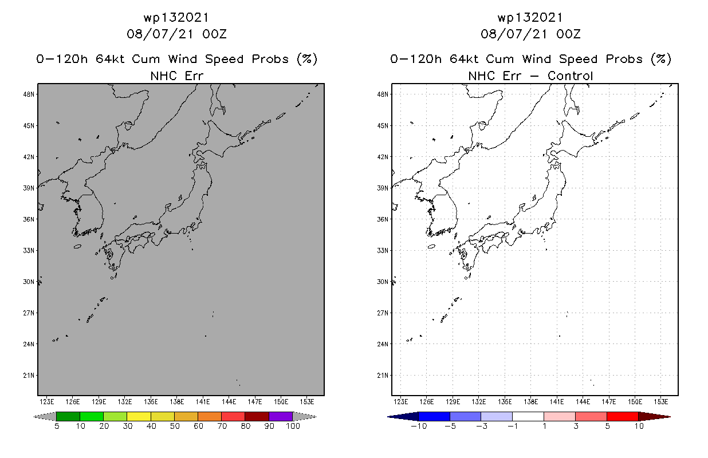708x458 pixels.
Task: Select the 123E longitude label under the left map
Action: point(46,401)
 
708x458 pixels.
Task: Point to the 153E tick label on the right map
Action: point(661,401)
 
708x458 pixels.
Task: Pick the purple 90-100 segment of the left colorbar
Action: point(281,416)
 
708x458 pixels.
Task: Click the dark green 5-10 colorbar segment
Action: point(68,416)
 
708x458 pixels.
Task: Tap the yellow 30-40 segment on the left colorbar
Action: point(139,416)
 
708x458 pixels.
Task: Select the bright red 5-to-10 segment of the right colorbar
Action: point(622,416)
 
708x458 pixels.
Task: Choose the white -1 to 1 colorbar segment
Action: point(528,416)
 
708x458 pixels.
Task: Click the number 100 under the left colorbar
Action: point(293,427)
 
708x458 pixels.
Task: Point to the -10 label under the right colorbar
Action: point(418,427)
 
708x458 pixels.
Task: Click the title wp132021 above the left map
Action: point(176,18)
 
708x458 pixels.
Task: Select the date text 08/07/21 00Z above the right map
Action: point(530,34)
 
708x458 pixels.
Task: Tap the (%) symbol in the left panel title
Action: point(306,59)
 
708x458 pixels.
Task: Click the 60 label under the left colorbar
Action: point(198,427)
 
